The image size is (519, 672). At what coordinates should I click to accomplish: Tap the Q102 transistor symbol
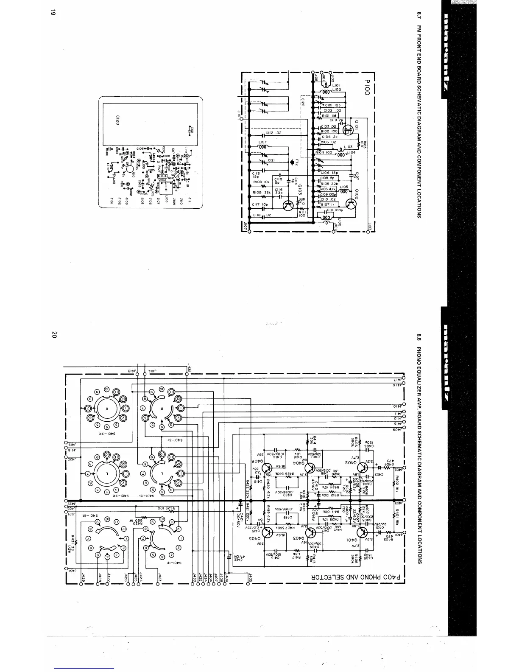(351, 204)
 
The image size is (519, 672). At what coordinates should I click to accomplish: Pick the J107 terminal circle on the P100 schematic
(249, 231)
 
